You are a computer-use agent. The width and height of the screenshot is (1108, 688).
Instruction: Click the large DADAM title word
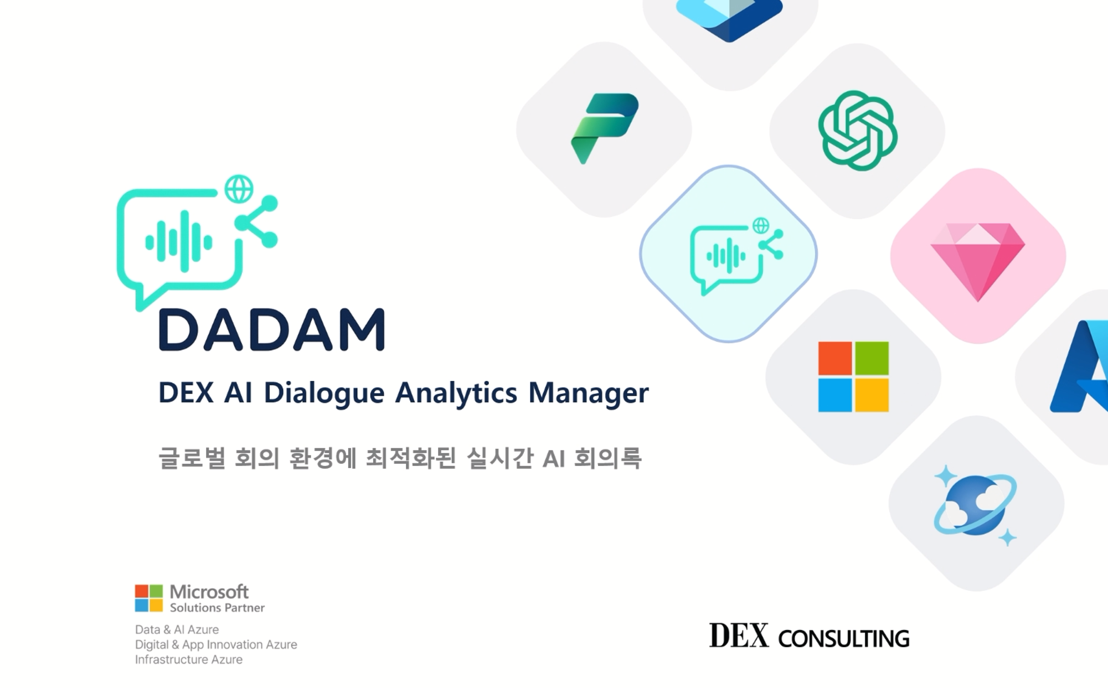[x=271, y=330]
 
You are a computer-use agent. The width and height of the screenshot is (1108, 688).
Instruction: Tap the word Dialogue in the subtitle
[x=324, y=393]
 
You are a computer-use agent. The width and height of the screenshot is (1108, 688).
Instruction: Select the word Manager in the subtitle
[x=588, y=393]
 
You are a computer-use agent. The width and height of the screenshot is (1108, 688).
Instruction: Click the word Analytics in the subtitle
[x=456, y=393]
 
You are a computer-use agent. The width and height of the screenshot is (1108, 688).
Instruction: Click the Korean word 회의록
[x=607, y=458]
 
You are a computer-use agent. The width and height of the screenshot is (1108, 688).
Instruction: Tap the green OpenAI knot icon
[x=857, y=131]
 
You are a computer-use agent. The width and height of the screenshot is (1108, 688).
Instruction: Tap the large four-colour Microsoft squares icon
[x=853, y=377]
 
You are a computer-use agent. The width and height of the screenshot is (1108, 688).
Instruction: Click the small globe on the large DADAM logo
[x=239, y=189]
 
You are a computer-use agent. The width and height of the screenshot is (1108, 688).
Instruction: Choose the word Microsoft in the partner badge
[x=209, y=592]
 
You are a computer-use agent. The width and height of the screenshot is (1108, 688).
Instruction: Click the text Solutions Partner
[x=217, y=608]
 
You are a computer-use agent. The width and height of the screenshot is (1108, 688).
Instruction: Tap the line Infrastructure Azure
[x=189, y=660]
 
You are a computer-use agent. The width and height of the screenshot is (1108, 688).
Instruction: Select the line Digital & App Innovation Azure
[x=216, y=645]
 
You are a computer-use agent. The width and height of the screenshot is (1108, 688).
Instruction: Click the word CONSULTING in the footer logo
[x=843, y=639]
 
